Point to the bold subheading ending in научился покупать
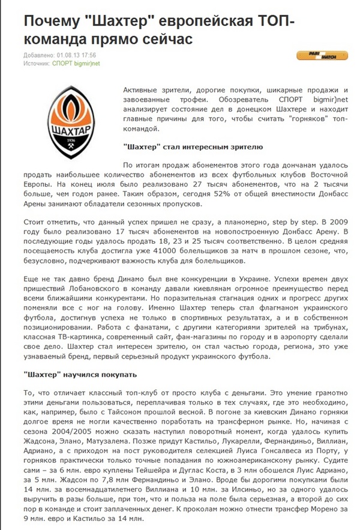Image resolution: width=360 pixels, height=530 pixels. pyautogui.click(x=82, y=374)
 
